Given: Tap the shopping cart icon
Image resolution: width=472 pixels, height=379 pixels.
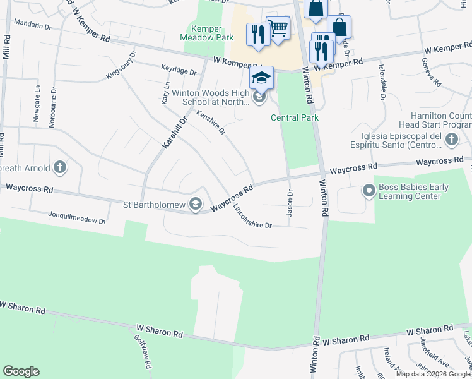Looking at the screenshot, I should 278,28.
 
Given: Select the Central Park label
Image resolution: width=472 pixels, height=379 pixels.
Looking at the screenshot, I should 295,117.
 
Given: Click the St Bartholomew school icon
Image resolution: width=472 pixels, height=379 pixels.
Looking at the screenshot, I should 196,203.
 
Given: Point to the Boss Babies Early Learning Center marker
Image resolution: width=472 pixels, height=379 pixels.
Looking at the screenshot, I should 369,189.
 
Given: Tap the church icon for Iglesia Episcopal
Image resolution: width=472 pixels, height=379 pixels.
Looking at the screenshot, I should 451,138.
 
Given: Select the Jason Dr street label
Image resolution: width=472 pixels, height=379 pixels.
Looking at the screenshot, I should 290,203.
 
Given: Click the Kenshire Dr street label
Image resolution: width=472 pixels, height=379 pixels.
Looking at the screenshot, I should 211,122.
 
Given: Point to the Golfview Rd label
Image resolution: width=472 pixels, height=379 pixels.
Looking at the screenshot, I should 142,351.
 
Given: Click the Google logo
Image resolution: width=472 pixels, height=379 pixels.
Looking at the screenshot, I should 21,371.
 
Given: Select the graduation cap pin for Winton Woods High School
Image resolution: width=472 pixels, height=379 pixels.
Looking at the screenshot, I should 261,78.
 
